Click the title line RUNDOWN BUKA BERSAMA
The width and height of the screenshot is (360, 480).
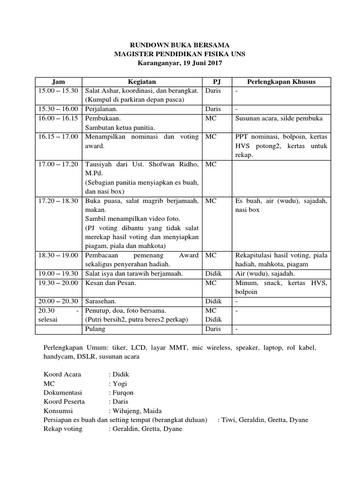180,45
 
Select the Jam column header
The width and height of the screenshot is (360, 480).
58,82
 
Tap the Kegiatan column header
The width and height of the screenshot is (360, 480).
142,82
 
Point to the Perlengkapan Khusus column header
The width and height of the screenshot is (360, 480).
281,82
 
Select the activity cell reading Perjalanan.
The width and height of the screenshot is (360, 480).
102,109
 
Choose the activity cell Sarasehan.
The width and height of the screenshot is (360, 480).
100,301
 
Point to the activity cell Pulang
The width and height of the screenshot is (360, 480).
95,329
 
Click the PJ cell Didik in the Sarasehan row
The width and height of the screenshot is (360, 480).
213,301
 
